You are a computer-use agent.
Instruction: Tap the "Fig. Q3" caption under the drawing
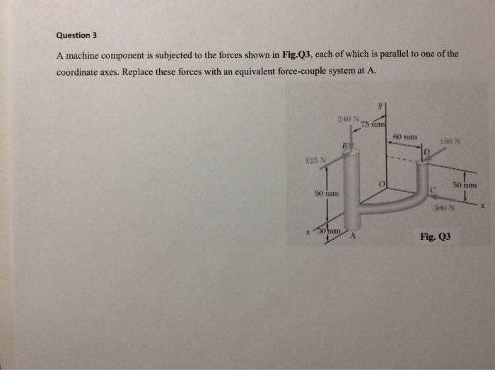(435, 238)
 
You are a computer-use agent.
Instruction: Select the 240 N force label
(349, 117)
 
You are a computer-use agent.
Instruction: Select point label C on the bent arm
(432, 186)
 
